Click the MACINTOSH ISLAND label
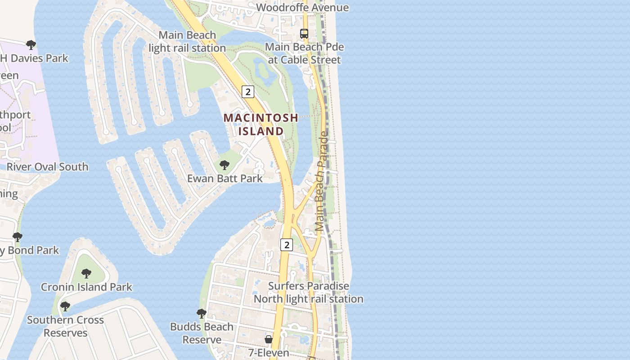[261, 124]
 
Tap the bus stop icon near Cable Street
[304, 34]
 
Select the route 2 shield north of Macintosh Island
[247, 92]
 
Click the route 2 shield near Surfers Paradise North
[286, 245]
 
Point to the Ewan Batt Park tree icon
[224, 165]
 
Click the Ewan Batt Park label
[225, 178]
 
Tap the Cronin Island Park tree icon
[86, 273]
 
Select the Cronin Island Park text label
[86, 287]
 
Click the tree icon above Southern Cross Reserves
[65, 306]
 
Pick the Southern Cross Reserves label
[65, 326]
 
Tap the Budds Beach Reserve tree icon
[202, 313]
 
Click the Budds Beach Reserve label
[202, 333]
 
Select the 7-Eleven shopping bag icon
[269, 339]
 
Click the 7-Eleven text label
[269, 353]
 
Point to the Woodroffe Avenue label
[302, 8]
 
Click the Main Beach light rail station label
[187, 41]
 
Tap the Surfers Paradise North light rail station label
[308, 292]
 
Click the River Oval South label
[47, 167]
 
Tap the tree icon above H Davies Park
[31, 45]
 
